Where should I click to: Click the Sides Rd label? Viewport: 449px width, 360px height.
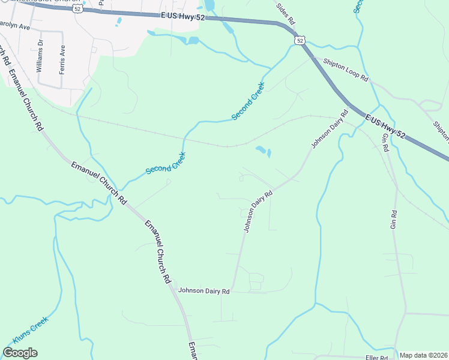pyautogui.click(x=285, y=14)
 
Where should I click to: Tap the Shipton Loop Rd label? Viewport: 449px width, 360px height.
pyautogui.click(x=345, y=71)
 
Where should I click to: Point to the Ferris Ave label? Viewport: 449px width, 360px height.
pyautogui.click(x=61, y=58)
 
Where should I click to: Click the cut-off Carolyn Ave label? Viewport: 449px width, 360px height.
pyautogui.click(x=14, y=26)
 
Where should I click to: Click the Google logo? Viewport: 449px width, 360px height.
pyautogui.click(x=20, y=352)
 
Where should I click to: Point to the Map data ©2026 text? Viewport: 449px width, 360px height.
pyautogui.click(x=423, y=355)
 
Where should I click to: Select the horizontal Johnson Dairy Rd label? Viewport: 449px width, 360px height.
pyautogui.click(x=204, y=291)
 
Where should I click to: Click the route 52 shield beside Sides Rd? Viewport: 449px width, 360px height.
pyautogui.click(x=300, y=40)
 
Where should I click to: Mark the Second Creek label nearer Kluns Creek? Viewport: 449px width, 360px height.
pyautogui.click(x=166, y=163)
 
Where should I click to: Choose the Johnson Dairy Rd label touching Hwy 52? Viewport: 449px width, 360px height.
pyautogui.click(x=329, y=130)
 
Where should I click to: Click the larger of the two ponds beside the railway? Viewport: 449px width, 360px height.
pyautogui.click(x=261, y=149)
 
